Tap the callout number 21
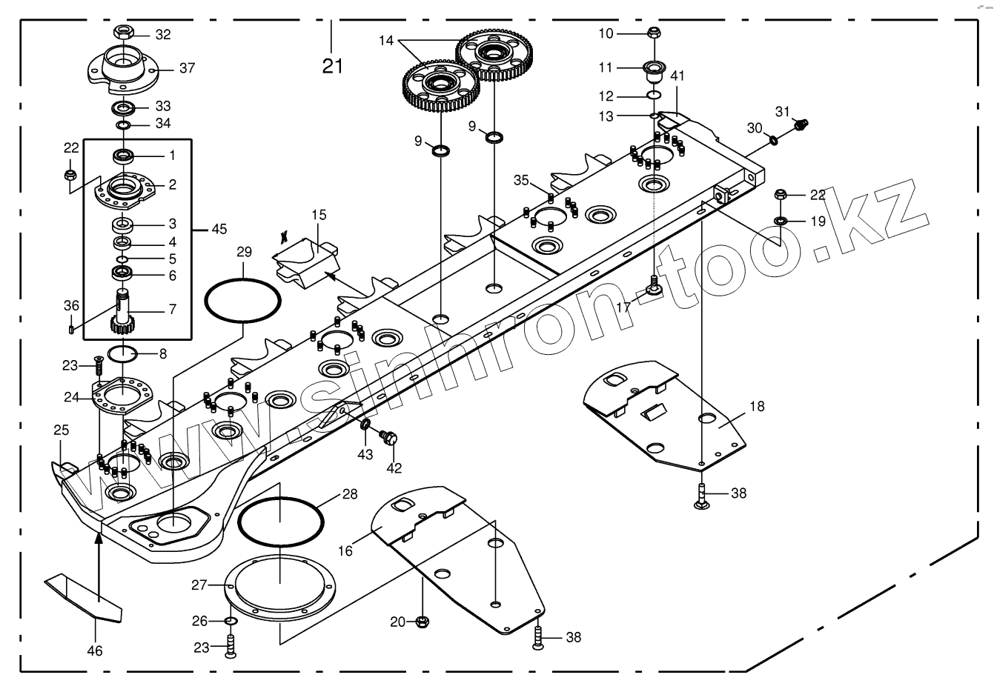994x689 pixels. click(x=333, y=66)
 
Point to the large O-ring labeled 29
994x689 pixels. click(x=242, y=300)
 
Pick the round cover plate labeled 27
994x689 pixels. click(x=281, y=585)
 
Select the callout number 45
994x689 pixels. click(x=219, y=229)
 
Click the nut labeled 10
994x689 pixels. click(x=654, y=33)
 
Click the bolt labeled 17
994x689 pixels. click(x=654, y=284)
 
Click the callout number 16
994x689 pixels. click(x=345, y=550)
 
